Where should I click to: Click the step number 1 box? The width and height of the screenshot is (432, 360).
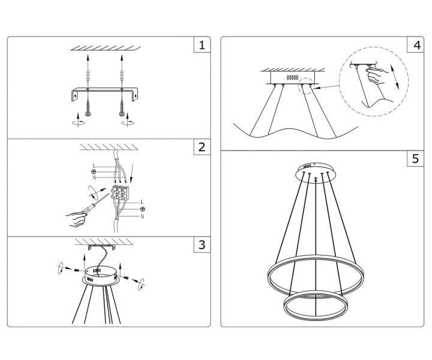202,44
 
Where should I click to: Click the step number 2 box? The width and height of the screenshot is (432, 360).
202,147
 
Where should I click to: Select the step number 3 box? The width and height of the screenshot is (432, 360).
202,244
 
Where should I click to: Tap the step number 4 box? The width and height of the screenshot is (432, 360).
416,44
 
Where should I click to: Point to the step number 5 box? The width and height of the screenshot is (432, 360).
416,158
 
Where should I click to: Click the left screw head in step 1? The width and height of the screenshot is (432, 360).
88,114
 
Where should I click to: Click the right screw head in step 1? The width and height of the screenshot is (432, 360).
122,114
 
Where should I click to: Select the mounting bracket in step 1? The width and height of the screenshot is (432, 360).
104,94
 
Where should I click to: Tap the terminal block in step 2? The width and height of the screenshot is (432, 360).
120,193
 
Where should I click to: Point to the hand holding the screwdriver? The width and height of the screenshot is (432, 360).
76,219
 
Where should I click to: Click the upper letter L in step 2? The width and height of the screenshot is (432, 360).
94,166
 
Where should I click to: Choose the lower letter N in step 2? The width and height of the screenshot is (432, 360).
142,217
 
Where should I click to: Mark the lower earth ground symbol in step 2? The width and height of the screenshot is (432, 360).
142,209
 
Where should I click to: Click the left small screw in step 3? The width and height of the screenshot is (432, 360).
77,271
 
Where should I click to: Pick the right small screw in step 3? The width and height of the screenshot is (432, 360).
126,278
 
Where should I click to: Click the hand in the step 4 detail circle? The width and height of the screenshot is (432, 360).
376,76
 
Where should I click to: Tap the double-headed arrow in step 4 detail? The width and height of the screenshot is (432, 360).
395,77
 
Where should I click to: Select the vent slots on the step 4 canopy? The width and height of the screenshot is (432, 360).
293,77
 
